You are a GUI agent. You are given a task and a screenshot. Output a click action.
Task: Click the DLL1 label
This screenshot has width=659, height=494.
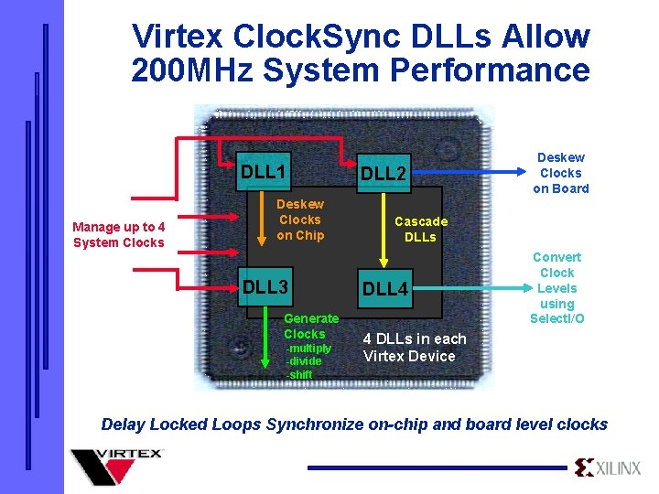click(264, 172)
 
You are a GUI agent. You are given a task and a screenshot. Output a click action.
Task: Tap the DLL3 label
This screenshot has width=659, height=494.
click(265, 287)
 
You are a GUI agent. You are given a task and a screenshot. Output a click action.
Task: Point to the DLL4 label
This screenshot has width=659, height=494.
click(385, 289)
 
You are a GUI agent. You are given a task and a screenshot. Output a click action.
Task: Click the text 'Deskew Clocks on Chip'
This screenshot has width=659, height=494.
click(300, 220)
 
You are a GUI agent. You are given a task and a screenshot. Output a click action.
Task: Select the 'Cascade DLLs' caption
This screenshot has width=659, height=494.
click(421, 229)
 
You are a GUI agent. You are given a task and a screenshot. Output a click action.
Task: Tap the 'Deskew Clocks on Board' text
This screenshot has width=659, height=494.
click(560, 173)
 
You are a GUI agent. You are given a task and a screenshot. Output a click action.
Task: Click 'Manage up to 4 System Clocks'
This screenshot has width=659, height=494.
click(119, 234)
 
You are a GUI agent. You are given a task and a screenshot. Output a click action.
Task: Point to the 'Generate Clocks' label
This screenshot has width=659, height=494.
click(311, 326)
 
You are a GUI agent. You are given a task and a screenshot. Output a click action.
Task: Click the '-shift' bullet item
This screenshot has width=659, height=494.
click(299, 374)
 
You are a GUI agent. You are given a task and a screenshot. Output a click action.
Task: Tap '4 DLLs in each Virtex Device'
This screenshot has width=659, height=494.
click(414, 347)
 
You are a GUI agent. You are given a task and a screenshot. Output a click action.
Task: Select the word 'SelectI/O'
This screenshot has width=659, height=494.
click(556, 318)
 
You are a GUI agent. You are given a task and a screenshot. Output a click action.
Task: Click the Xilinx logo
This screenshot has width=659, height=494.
click(608, 468)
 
